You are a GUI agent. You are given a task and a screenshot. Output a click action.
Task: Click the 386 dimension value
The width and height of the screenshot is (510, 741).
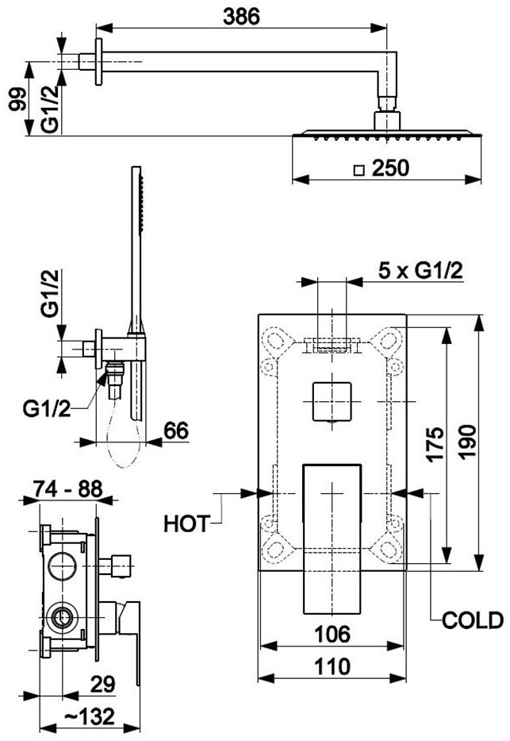coord(241,17)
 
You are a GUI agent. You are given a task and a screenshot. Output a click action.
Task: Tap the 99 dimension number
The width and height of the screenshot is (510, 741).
coord(18,98)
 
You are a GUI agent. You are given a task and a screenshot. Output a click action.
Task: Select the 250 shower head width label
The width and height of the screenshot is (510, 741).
coord(390,168)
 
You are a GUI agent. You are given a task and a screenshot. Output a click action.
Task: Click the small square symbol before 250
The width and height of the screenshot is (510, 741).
coord(360,170)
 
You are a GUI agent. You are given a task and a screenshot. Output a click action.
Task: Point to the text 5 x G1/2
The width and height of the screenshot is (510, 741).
coord(420,271)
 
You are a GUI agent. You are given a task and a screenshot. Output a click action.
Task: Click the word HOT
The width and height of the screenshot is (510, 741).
coord(187,524)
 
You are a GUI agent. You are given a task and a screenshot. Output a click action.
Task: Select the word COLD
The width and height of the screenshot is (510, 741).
coord(473,620)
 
